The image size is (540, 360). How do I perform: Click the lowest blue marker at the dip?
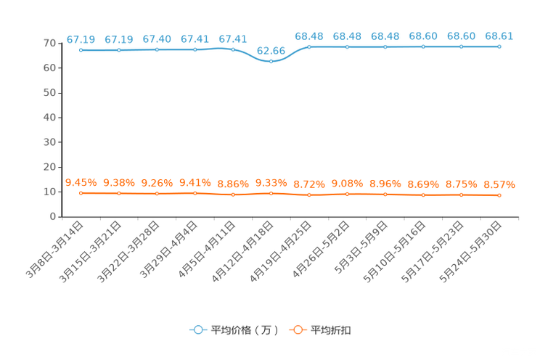(271, 62)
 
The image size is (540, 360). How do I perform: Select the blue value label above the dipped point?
(271, 50)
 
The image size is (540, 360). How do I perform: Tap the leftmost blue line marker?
(81, 50)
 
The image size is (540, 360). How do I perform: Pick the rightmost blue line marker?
(499, 46)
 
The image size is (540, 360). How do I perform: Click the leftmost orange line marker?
(81, 194)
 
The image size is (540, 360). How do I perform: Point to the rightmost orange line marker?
(499, 196)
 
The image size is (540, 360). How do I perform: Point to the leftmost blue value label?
(81, 38)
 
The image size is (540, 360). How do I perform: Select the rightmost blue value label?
(499, 36)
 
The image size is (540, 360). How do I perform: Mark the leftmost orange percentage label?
(81, 183)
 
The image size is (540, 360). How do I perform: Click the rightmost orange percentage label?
(499, 184)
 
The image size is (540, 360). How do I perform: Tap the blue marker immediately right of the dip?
(309, 46)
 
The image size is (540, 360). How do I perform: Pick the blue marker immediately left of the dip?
(233, 49)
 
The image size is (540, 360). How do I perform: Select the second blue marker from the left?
(119, 50)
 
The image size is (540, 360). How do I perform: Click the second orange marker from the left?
(119, 194)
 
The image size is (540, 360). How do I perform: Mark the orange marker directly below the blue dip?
(271, 194)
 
